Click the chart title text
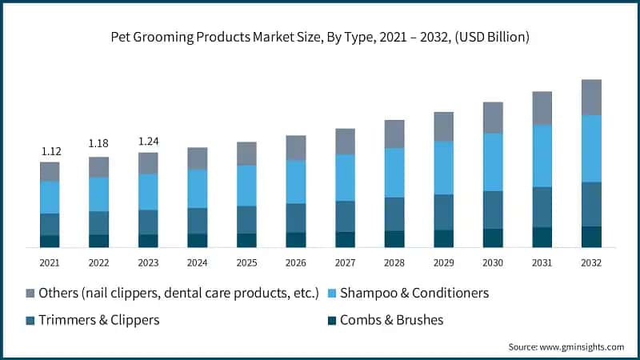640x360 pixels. [x=320, y=37]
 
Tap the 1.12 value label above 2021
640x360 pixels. [x=50, y=151]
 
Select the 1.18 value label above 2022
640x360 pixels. [x=99, y=144]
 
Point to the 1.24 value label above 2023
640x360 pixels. [x=148, y=142]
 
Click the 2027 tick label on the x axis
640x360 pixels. [x=345, y=262]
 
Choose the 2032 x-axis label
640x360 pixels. [x=591, y=262]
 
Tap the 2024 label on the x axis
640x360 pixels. [x=198, y=262]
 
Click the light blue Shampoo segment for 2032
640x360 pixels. [x=591, y=149]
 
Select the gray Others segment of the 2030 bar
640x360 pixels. [x=493, y=118]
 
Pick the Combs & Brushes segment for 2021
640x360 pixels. [x=50, y=242]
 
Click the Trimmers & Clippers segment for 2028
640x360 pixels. [x=394, y=214]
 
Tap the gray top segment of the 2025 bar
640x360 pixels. [x=246, y=154]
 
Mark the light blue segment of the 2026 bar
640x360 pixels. [x=296, y=182]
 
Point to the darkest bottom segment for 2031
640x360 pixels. [x=542, y=238]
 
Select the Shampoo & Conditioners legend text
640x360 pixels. [x=414, y=293]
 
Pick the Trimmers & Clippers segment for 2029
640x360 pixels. [x=444, y=212]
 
